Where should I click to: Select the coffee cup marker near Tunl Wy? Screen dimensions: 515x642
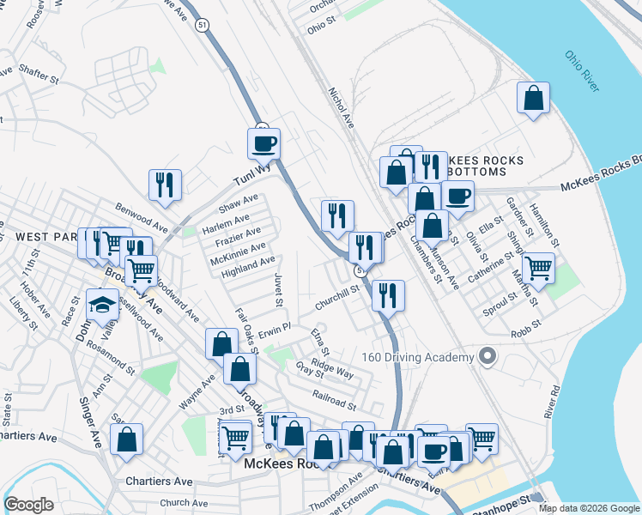pos(263,143)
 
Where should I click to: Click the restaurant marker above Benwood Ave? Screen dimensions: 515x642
pos(163,185)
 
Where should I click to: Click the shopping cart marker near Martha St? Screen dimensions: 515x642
pos(538,268)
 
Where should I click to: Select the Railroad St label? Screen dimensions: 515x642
pos(334,402)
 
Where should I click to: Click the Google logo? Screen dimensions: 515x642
pos(29,505)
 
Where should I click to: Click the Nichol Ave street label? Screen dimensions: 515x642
pos(341,109)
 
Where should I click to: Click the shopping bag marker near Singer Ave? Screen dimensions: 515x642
pos(126,439)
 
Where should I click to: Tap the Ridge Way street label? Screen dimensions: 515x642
pos(333,369)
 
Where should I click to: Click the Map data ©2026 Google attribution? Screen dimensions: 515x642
pos(588,508)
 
